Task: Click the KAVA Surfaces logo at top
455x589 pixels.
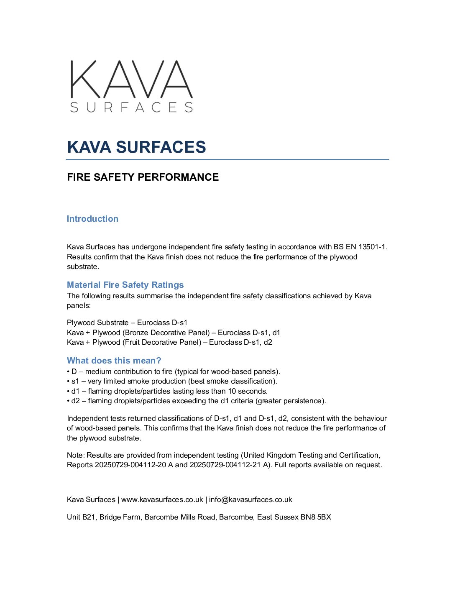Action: click(x=131, y=86)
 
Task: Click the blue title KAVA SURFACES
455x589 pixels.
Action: click(x=136, y=147)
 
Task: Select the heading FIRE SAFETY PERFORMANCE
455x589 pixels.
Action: click(x=143, y=177)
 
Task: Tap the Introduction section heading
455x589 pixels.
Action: click(x=92, y=219)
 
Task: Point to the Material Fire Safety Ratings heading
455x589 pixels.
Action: click(x=125, y=285)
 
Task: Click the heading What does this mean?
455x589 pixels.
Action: click(x=114, y=361)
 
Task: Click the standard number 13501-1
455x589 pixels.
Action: click(x=372, y=247)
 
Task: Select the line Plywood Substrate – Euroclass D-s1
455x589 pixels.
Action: click(x=127, y=323)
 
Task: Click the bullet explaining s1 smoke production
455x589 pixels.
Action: click(x=172, y=381)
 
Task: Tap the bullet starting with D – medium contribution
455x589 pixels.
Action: click(x=174, y=371)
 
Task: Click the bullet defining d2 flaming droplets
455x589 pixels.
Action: click(x=197, y=401)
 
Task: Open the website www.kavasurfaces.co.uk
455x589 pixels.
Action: click(x=162, y=499)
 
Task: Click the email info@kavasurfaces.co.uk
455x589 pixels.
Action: click(x=250, y=499)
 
